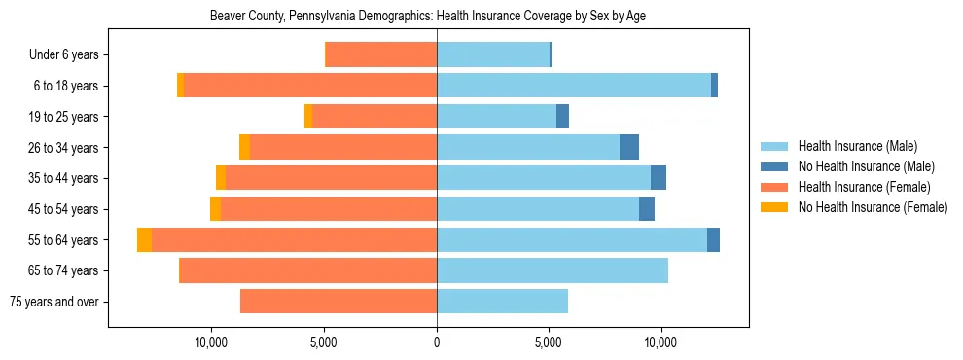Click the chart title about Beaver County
(428, 17)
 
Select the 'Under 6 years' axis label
(70, 55)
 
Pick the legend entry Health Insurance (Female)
(864, 187)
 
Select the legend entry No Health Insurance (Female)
(873, 207)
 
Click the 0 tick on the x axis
(437, 342)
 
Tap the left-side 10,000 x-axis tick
(211, 342)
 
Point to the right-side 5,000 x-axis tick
(549, 342)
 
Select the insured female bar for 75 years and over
(339, 302)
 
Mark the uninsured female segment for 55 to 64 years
(144, 240)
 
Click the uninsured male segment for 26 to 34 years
(629, 148)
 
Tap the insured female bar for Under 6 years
(380, 55)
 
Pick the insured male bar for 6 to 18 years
(574, 86)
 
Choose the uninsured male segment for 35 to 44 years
(659, 178)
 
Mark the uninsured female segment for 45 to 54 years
(215, 209)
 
